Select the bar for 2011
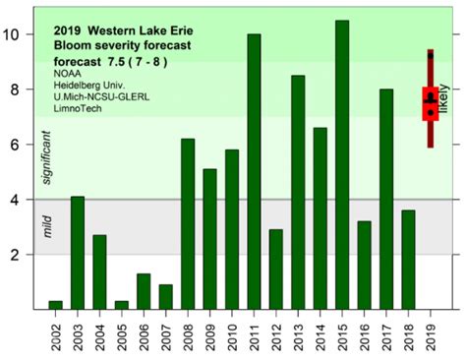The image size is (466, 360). click(x=254, y=172)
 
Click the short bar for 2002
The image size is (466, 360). click(x=56, y=305)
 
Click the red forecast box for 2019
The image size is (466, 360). click(x=430, y=102)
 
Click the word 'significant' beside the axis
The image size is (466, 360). click(x=42, y=155)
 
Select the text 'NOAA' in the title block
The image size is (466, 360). click(x=68, y=73)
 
